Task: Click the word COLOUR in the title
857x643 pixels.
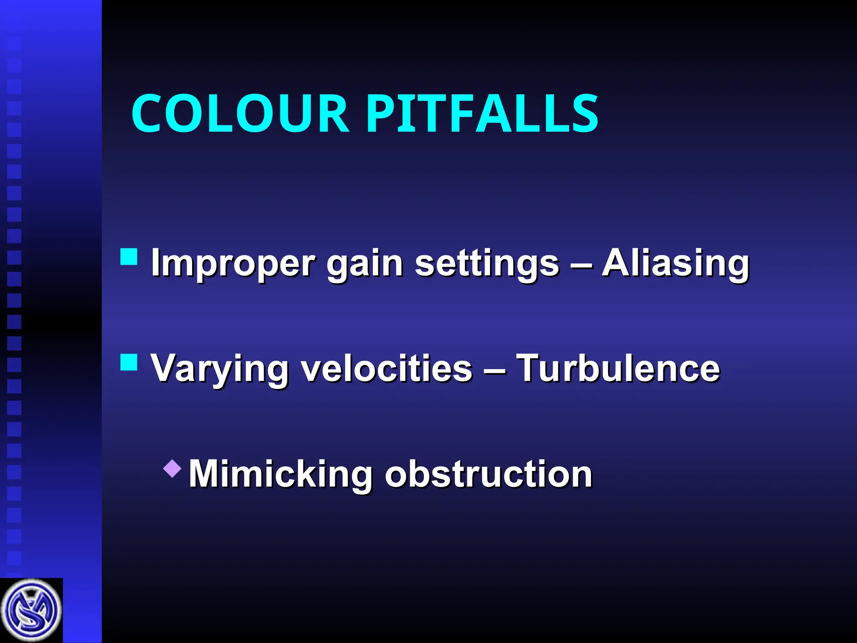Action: pyautogui.click(x=240, y=113)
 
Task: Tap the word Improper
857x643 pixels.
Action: pyautogui.click(x=233, y=264)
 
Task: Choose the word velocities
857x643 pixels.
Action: pyautogui.click(x=387, y=368)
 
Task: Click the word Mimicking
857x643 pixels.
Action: pyautogui.click(x=281, y=474)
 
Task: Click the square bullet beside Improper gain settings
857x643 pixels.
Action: pyautogui.click(x=129, y=257)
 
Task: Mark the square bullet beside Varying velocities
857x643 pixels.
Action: pyautogui.click(x=129, y=363)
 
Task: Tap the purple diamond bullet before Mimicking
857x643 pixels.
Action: pyautogui.click(x=172, y=468)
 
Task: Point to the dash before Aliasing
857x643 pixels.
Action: pyautogui.click(x=581, y=265)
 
